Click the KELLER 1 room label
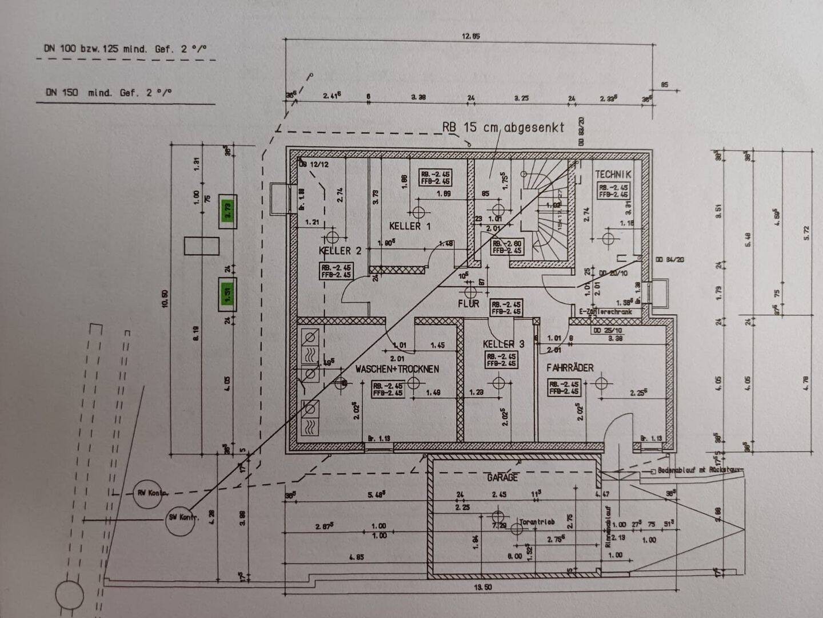(x=409, y=226)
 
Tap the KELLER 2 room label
(x=339, y=251)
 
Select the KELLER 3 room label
(x=503, y=344)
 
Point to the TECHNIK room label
(x=613, y=174)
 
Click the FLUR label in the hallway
(x=468, y=304)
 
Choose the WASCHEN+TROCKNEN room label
(x=397, y=369)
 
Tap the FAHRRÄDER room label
(x=569, y=368)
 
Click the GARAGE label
(x=502, y=477)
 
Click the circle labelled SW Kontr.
(x=181, y=517)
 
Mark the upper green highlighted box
(x=228, y=211)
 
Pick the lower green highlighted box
(x=227, y=294)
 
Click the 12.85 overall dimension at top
(x=470, y=37)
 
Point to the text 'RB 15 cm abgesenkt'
(x=503, y=127)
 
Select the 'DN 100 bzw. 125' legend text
(x=125, y=49)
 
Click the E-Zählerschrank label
(x=605, y=312)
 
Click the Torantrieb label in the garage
(x=537, y=522)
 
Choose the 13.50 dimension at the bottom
(x=483, y=587)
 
